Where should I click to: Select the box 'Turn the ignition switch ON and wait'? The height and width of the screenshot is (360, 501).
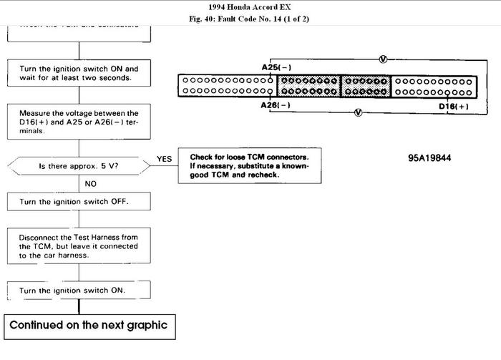[x=79, y=73]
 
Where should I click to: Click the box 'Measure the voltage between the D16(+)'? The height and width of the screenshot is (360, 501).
[x=79, y=122]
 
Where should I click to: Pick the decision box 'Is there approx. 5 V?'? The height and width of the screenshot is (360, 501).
[x=79, y=166]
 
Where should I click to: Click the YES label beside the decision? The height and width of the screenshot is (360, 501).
[x=164, y=159]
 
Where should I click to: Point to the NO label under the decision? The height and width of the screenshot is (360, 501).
[x=91, y=184]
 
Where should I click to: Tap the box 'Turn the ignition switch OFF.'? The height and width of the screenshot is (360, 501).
[x=79, y=202]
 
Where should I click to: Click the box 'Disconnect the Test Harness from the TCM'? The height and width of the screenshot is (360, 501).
[x=79, y=244]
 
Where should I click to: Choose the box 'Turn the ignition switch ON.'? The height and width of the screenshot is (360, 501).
[x=79, y=290]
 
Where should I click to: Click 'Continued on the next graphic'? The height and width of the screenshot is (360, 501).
[x=88, y=325]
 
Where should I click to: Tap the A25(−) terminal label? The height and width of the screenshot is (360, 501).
[x=276, y=67]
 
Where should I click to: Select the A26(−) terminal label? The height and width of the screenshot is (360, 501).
[x=276, y=105]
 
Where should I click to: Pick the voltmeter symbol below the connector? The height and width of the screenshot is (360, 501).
[x=358, y=112]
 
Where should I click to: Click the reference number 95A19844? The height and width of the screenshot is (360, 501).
[x=429, y=158]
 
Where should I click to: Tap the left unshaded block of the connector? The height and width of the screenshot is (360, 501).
[x=228, y=86]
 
